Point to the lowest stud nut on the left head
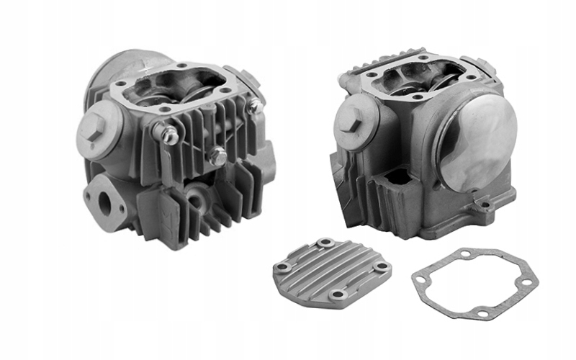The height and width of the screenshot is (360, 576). click(x=217, y=155)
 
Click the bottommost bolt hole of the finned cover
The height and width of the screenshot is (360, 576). click(x=336, y=294)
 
